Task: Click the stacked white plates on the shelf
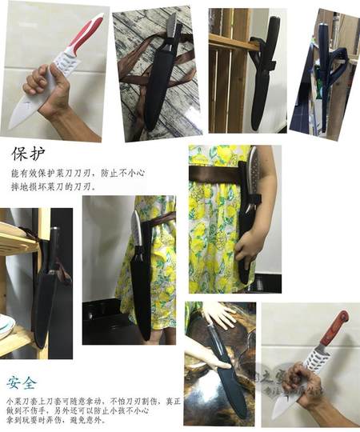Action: pos(6,324)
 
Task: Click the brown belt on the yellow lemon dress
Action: pos(212,171)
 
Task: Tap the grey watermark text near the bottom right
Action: pos(302,392)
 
